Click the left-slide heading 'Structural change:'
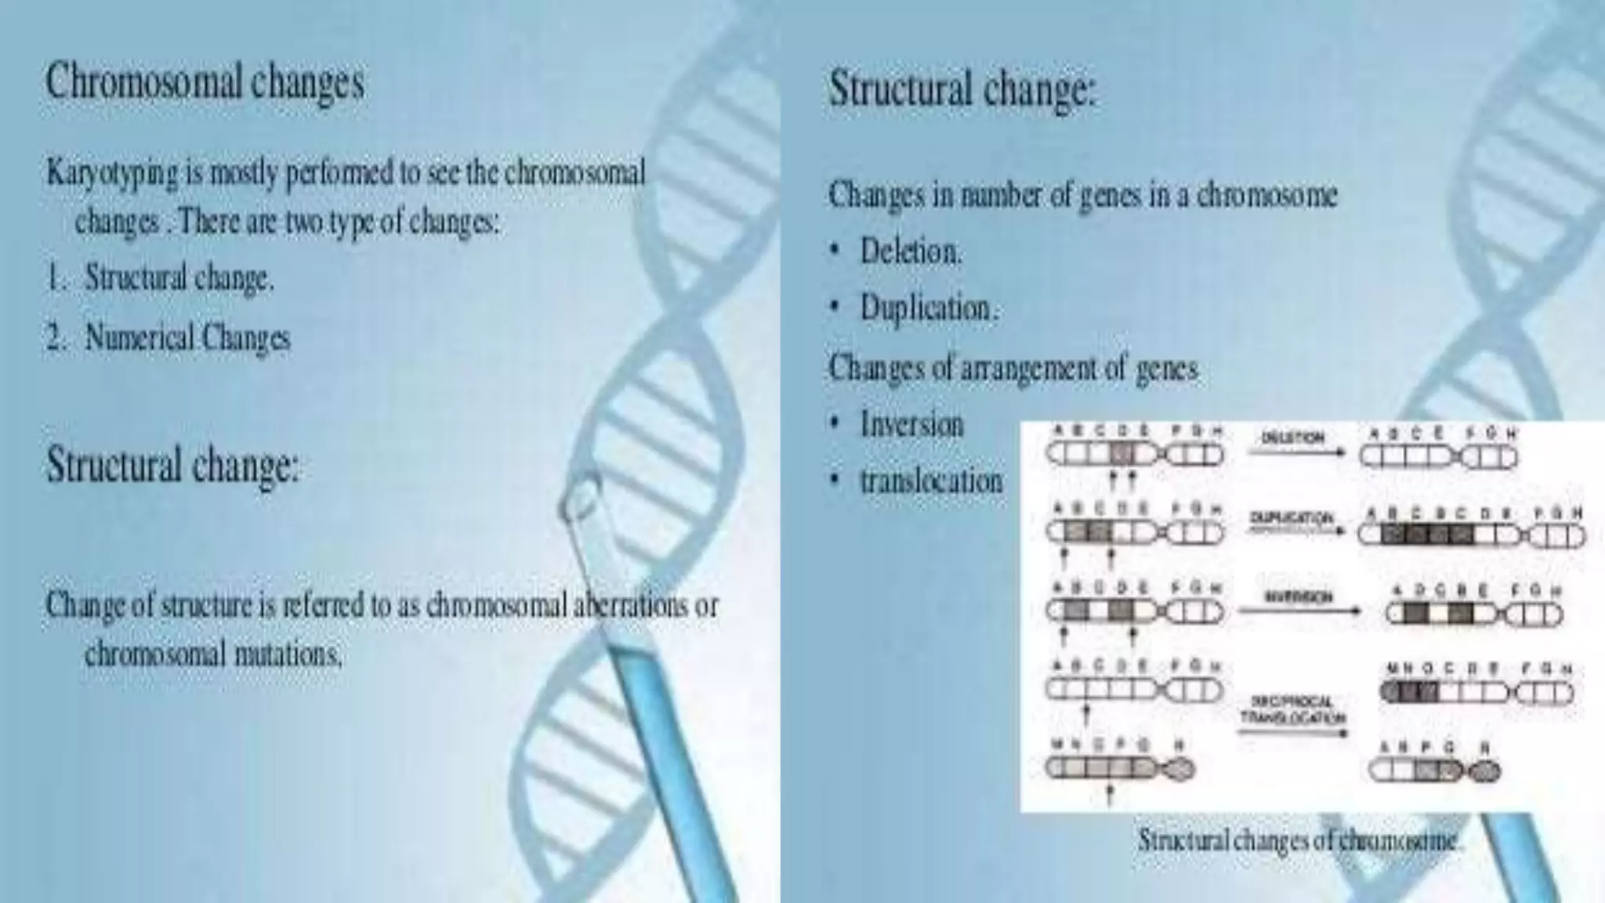(173, 464)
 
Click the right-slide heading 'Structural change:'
(962, 89)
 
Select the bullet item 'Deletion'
(909, 252)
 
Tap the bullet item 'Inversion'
(911, 424)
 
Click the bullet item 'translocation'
(930, 480)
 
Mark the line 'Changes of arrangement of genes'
(1013, 368)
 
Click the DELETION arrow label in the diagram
(1292, 438)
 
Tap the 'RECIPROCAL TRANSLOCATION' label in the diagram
(1293, 709)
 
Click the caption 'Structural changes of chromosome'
(1300, 840)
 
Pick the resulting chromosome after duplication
(1470, 535)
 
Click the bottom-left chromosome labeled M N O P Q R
(1119, 768)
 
